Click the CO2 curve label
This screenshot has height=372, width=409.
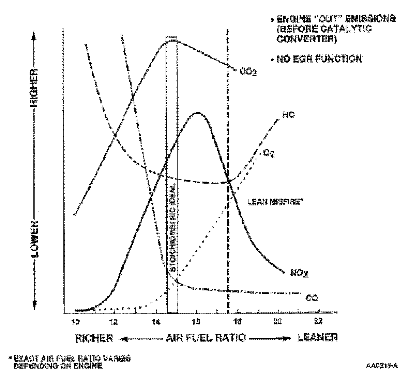click(248, 72)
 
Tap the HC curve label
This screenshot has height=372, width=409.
click(288, 115)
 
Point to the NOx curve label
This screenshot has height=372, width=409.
click(299, 273)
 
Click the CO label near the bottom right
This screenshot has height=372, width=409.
click(312, 298)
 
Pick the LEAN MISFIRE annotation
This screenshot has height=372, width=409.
click(275, 202)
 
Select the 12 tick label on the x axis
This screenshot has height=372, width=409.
click(115, 321)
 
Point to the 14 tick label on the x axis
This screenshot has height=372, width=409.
click(156, 321)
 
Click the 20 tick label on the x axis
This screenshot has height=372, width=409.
click(278, 321)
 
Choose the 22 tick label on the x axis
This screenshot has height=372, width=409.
click(319, 321)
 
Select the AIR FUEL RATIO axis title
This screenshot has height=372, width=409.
click(206, 338)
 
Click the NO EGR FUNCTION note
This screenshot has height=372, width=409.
click(318, 59)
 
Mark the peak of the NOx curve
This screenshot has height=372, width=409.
click(197, 113)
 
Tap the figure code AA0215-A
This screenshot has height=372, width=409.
click(382, 366)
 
